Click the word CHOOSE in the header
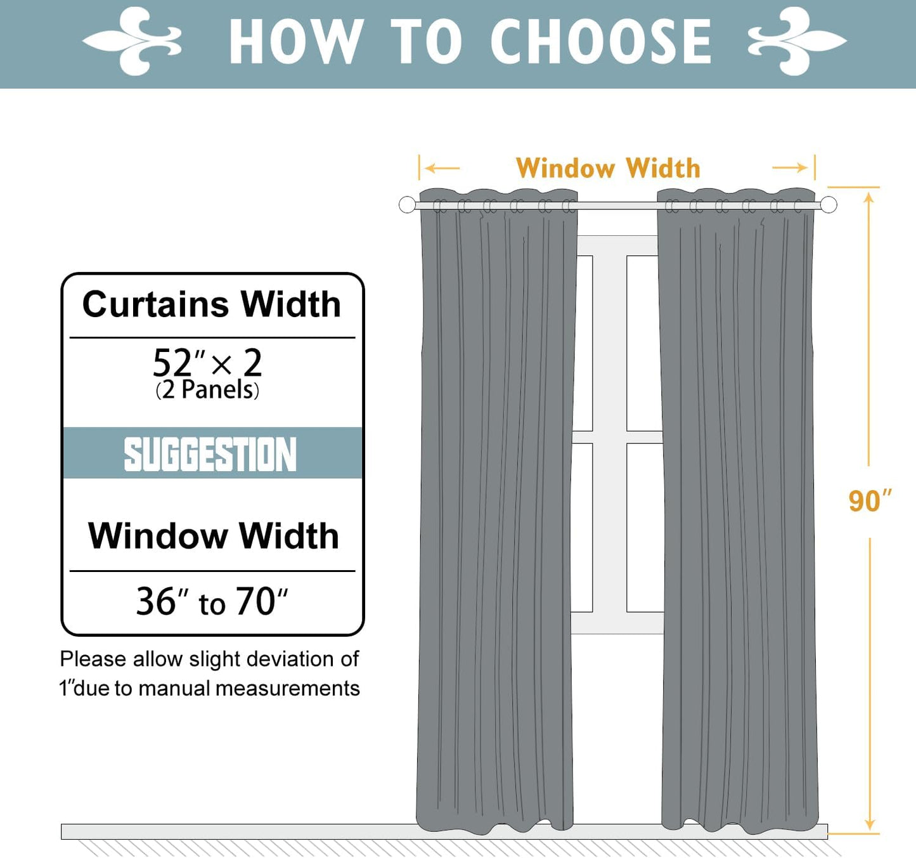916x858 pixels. pyautogui.click(x=600, y=42)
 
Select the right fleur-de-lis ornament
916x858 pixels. pyautogui.click(x=797, y=41)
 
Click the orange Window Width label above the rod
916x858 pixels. pyautogui.click(x=608, y=169)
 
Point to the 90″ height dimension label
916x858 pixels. pyautogui.click(x=869, y=501)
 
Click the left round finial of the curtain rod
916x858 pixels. pyautogui.click(x=407, y=205)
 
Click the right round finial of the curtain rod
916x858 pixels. pyautogui.click(x=829, y=205)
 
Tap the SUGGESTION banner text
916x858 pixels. pyautogui.click(x=210, y=454)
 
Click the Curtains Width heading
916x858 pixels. pyautogui.click(x=212, y=304)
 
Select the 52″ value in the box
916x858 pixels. pyautogui.click(x=178, y=363)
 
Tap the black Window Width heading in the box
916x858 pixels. pyautogui.click(x=213, y=536)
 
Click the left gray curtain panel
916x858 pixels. pyautogui.click(x=497, y=507)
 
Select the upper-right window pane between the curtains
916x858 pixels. pyautogui.click(x=642, y=342)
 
